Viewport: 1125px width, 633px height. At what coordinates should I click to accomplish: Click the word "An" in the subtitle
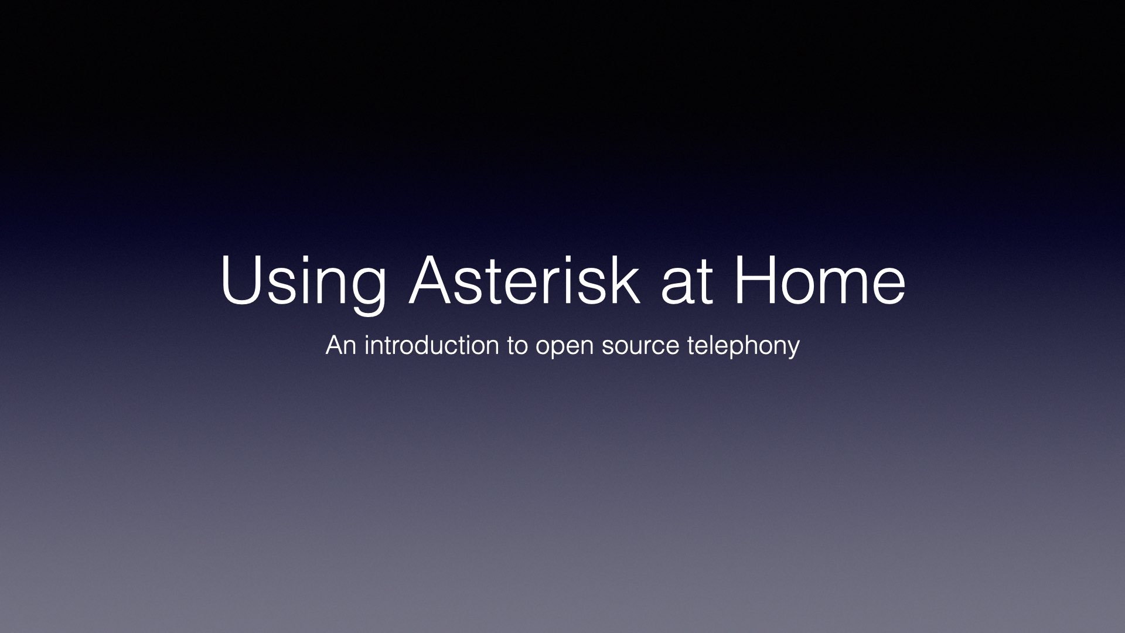[x=341, y=345]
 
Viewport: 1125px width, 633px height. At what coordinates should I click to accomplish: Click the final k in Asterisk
[x=625, y=278]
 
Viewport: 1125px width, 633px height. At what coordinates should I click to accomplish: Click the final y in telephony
[x=793, y=350]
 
